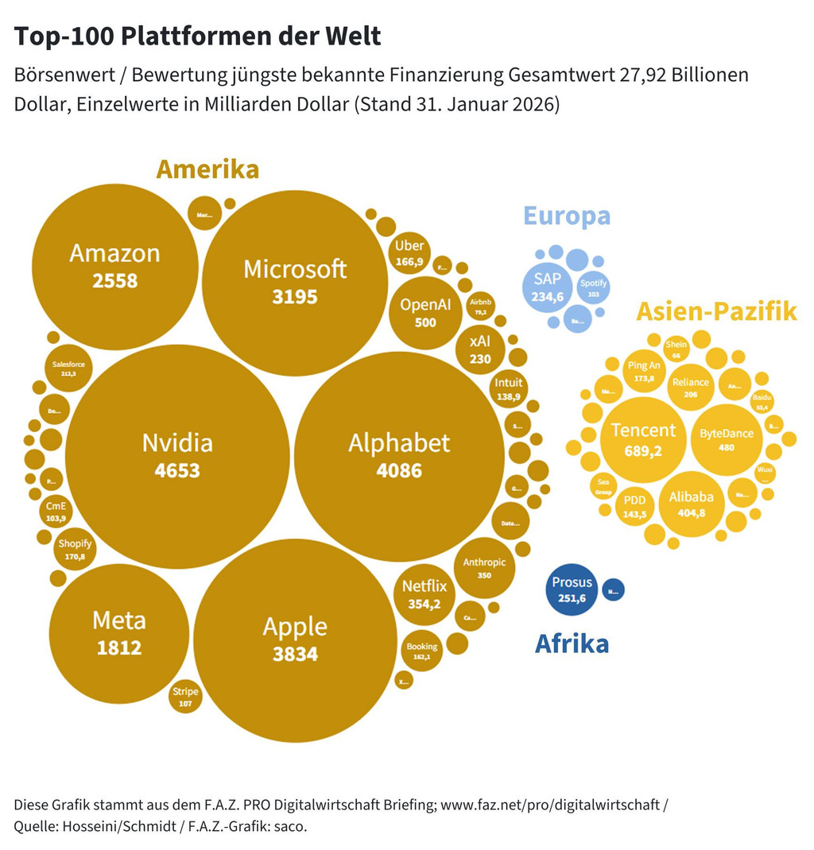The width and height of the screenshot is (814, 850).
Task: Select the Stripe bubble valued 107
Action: (x=185, y=697)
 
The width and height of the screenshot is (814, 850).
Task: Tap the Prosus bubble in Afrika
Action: (x=572, y=589)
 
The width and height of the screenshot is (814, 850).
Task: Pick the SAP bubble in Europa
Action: (x=548, y=287)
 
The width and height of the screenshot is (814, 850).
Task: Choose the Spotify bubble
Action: (x=593, y=288)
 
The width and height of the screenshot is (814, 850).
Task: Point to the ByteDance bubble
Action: (x=727, y=439)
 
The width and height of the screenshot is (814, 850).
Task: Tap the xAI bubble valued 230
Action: (x=480, y=349)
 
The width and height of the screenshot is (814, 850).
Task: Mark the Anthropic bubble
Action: (x=484, y=567)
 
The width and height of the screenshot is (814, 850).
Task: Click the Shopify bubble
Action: (x=75, y=550)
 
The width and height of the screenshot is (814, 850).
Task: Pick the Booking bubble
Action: (x=422, y=651)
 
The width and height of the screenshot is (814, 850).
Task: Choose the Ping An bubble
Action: (x=644, y=371)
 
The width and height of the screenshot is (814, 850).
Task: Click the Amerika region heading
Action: (x=207, y=169)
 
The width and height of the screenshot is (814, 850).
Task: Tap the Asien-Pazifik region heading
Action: (x=716, y=311)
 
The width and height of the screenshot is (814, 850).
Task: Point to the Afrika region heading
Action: (x=572, y=643)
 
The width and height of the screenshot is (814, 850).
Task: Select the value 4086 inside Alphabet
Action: (x=399, y=471)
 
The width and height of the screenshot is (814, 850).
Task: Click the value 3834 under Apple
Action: (x=295, y=655)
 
